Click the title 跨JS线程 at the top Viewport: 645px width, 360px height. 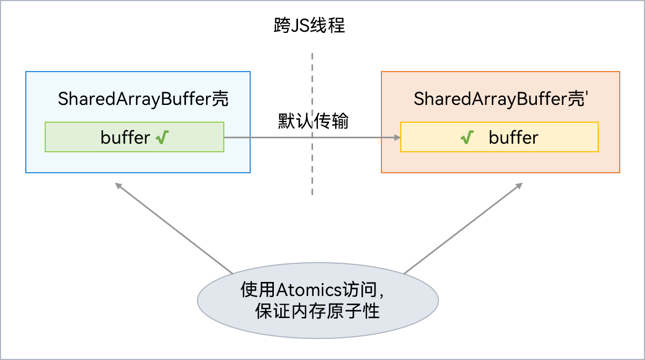click(309, 26)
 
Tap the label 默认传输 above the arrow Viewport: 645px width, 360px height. click(313, 121)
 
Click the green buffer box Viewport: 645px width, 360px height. click(134, 137)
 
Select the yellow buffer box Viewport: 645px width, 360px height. click(499, 137)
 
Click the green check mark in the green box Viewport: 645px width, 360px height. click(162, 138)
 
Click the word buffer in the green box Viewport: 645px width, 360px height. click(125, 138)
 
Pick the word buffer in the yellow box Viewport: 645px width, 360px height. click(513, 138)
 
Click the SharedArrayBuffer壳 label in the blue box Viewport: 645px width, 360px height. click(143, 99)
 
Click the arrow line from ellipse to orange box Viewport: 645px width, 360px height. click(463, 229)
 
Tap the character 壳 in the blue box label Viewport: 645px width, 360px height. click(220, 99)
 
